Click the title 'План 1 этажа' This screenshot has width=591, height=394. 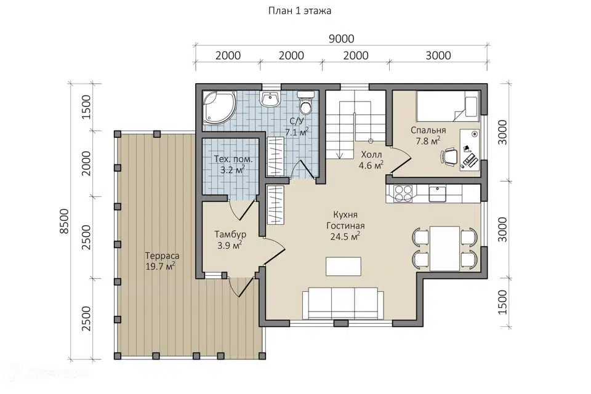pyautogui.click(x=300, y=10)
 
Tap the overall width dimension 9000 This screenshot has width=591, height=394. pyautogui.click(x=342, y=39)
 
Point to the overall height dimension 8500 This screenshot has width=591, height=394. pyautogui.click(x=65, y=221)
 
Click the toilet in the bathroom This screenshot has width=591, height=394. pyautogui.click(x=306, y=102)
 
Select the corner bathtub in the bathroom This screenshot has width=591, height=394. pyautogui.click(x=219, y=107)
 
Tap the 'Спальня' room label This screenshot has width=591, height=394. pyautogui.click(x=428, y=131)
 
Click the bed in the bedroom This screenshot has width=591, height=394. pyautogui.click(x=448, y=105)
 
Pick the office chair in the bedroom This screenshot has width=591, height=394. pyautogui.click(x=449, y=156)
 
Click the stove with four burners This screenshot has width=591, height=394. pyautogui.click(x=403, y=194)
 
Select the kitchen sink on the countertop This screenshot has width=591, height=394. pyautogui.click(x=437, y=194)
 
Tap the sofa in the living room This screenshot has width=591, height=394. pyautogui.click(x=343, y=304)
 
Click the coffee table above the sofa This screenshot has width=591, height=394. pyautogui.click(x=344, y=266)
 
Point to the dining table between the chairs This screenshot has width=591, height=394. pyautogui.click(x=444, y=249)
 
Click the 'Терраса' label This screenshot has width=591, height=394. pyautogui.click(x=162, y=256)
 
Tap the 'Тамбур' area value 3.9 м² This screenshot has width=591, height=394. pyautogui.click(x=230, y=246)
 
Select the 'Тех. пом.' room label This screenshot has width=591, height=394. pyautogui.click(x=233, y=159)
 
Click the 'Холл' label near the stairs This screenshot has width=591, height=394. pyautogui.click(x=371, y=155)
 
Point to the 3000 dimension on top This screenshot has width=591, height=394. pyautogui.click(x=438, y=55)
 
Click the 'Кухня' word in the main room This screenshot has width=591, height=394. pyautogui.click(x=345, y=215)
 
